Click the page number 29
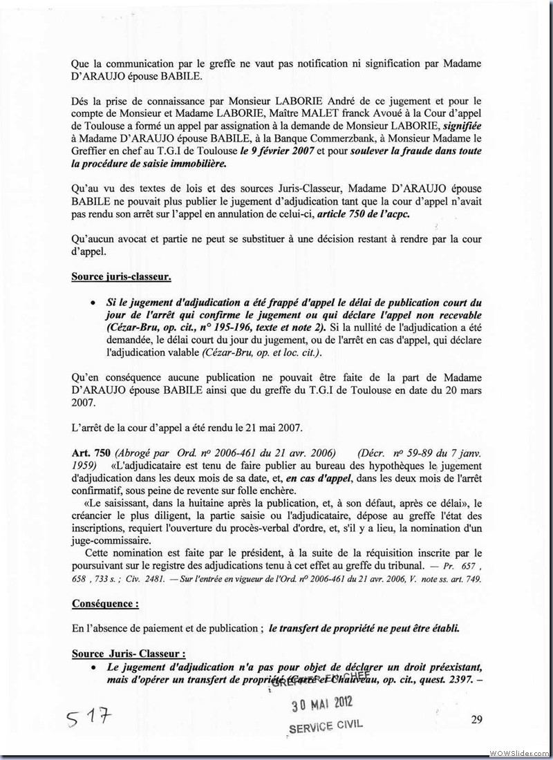point(476,719)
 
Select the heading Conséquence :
point(105,603)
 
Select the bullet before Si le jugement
point(93,303)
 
